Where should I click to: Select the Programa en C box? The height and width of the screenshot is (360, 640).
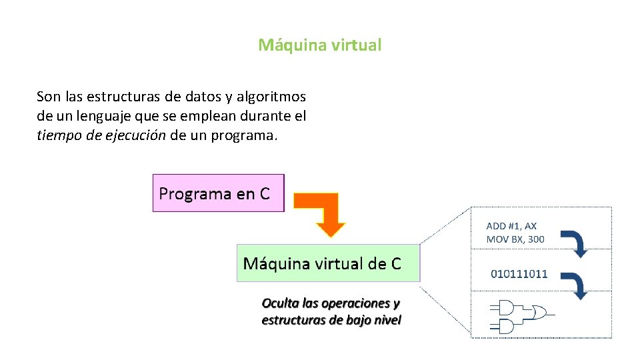[x=218, y=193]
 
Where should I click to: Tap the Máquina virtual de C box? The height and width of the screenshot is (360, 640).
[x=328, y=263]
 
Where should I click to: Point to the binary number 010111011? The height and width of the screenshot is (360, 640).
[x=519, y=273]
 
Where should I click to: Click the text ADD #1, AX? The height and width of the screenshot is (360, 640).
[x=511, y=227]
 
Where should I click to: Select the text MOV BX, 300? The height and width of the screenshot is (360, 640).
[x=515, y=239]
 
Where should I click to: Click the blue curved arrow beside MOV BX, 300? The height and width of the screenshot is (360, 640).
[x=575, y=243]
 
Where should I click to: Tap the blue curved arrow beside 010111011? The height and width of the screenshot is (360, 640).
[x=575, y=285]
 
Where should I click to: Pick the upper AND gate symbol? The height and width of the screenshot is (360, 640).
[x=504, y=307]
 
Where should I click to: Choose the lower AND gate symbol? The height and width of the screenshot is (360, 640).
[x=504, y=326]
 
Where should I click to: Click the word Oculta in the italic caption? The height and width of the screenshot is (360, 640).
[x=281, y=303]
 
